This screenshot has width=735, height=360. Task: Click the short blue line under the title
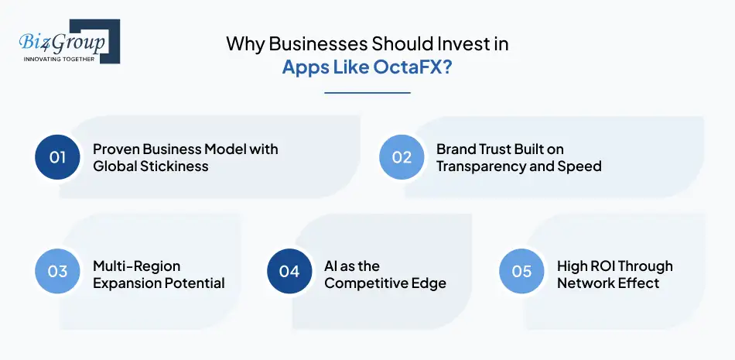[367, 93]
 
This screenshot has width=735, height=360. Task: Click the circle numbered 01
[58, 157]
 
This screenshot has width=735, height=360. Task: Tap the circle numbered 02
[402, 157]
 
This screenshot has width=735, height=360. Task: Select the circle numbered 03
[58, 272]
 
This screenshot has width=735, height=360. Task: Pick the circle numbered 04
[289, 272]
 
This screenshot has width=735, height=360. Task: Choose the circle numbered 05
[521, 272]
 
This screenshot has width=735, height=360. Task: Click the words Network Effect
[608, 283]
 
